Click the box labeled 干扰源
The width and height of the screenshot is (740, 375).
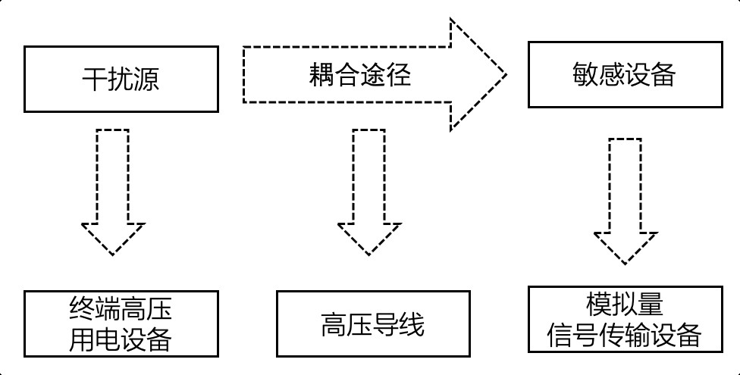(x=121, y=79)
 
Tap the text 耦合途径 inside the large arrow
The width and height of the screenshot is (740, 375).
(x=360, y=74)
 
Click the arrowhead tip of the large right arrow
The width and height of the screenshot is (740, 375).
(x=500, y=74)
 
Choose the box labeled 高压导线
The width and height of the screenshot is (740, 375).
(x=372, y=323)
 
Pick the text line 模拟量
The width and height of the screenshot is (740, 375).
(x=624, y=305)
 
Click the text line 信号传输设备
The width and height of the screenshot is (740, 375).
(x=624, y=334)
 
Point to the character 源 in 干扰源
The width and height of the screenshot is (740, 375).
(x=146, y=79)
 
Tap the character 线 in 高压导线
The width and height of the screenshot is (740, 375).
(x=412, y=324)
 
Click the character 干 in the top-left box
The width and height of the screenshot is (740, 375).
(x=95, y=79)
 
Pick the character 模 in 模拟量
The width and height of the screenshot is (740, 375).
(x=598, y=305)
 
